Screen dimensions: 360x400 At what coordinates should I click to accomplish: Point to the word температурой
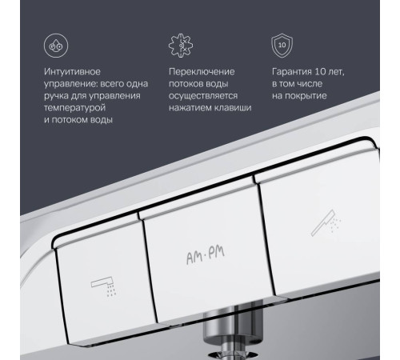click(74, 107)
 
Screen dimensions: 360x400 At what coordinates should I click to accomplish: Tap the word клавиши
click(234, 107)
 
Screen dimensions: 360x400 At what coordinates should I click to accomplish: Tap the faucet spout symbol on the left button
click(99, 282)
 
